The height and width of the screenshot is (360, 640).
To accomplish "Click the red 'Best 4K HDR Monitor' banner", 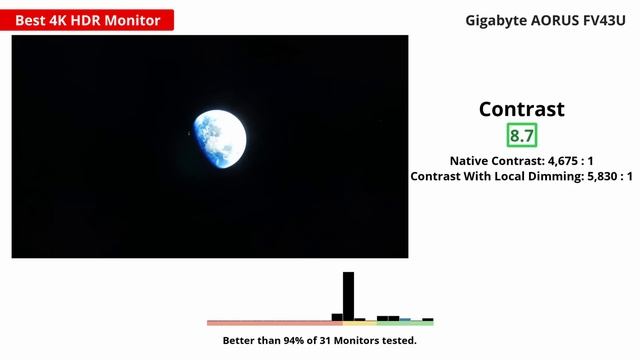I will pos(88,19).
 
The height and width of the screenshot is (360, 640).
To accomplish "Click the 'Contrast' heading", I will pos(521,109).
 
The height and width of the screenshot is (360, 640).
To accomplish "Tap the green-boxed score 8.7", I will pos(521,135).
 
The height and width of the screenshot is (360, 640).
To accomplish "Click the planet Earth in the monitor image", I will pos(219,137).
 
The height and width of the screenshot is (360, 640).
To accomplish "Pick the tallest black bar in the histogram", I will pos(348,296).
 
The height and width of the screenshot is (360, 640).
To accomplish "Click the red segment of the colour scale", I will pos(274,323).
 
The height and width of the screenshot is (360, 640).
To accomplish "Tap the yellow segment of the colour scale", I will pos(359,323).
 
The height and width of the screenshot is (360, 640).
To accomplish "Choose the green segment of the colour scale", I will pos(404,323).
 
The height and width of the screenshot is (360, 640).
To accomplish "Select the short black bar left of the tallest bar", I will pos(337,318).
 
